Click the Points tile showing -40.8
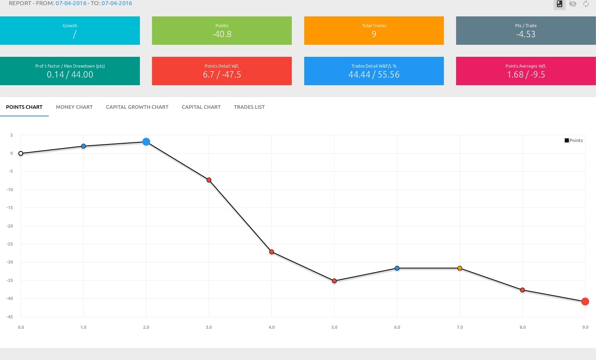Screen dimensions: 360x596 222,31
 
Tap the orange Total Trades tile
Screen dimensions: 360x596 374,31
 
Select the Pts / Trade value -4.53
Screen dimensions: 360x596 526,34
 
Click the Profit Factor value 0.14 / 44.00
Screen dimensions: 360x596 70,75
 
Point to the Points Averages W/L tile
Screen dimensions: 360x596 526,71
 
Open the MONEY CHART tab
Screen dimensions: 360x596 74,107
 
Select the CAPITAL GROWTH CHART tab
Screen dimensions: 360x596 137,107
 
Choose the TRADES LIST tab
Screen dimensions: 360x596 249,107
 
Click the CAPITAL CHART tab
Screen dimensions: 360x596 201,107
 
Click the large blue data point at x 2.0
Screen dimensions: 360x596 146,142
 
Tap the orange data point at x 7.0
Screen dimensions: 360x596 460,268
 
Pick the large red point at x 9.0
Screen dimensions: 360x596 585,302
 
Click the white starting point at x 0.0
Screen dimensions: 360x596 21,154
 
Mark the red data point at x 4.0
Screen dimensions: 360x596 272,252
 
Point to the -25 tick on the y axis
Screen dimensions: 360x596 10,244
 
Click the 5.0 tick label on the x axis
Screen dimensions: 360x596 334,327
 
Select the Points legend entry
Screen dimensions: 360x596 574,140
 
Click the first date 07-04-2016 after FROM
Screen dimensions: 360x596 71,3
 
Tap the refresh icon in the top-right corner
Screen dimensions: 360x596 586,4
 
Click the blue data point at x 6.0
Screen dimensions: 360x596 397,268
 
